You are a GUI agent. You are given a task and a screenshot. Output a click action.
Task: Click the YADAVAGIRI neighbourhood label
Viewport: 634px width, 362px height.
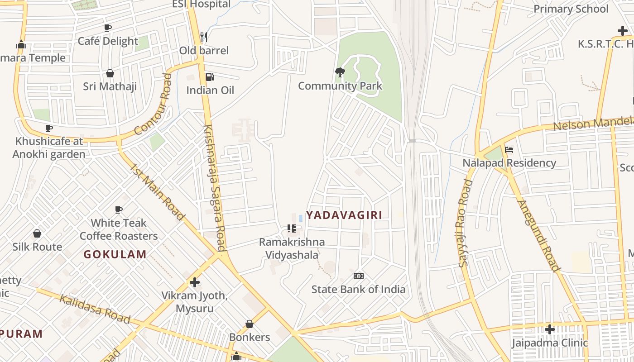344,215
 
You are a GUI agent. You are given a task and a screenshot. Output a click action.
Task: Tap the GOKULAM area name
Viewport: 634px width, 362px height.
115,254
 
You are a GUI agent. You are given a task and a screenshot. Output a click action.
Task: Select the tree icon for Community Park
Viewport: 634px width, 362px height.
340,72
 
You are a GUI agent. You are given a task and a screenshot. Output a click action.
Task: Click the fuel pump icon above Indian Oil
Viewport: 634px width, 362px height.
210,77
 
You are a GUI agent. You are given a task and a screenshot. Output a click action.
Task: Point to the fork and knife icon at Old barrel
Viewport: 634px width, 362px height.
204,37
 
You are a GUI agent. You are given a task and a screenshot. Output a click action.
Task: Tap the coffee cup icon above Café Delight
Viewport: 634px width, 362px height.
108,28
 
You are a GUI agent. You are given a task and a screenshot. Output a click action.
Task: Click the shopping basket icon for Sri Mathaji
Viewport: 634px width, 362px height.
110,73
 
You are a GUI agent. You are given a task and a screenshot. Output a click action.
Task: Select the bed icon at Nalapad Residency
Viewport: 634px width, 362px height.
509,150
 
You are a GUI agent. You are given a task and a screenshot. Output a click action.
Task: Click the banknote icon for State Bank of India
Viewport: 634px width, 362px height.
358,276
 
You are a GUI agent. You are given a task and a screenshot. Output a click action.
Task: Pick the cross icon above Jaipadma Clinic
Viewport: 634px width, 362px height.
550,329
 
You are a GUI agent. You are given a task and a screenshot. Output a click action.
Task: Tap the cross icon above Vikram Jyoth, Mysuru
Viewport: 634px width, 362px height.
195,282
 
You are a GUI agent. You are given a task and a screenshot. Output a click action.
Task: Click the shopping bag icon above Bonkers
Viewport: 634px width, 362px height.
249,324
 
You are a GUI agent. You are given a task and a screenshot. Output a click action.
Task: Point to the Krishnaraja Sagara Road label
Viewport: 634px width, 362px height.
215,187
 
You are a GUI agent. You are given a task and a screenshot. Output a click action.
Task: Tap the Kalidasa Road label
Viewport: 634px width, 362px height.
95,309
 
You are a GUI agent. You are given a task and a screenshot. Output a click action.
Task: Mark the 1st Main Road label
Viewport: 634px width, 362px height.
158,192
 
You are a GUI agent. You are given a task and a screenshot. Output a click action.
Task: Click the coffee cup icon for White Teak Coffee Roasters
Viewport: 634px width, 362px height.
119,210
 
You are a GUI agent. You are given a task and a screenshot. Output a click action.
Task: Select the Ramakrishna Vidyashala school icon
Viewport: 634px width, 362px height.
292,229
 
